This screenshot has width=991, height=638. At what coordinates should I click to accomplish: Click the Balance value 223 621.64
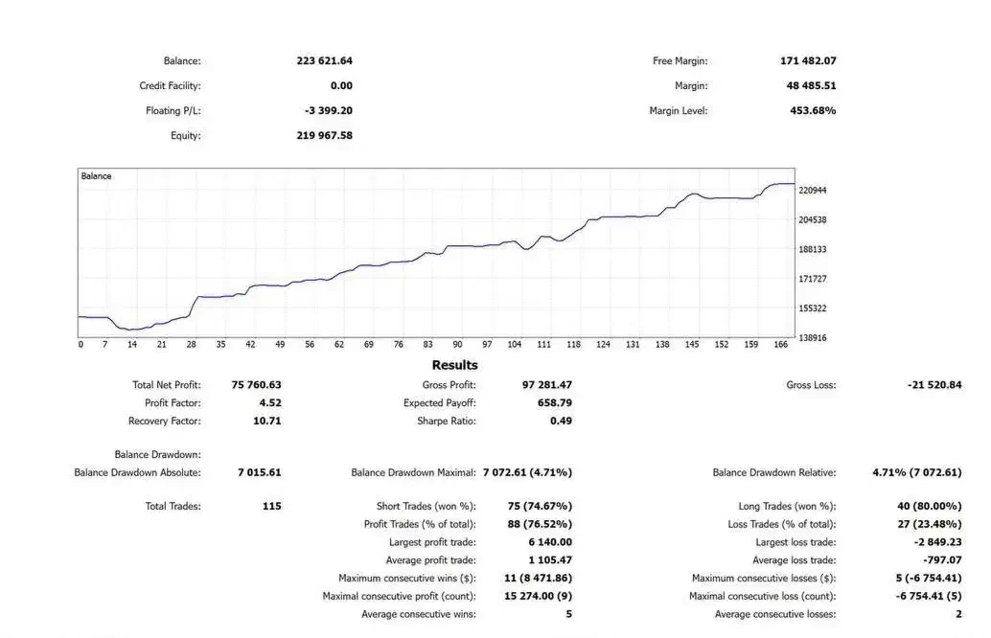coord(325,61)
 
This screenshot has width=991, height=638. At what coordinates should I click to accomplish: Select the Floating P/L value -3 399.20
coord(329,111)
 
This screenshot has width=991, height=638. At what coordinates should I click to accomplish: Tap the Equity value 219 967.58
coord(325,136)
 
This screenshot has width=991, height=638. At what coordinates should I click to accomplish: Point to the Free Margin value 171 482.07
coord(808,61)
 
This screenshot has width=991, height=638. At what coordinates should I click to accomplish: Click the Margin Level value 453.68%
coord(813,111)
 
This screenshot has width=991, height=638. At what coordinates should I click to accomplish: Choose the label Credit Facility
coord(170,86)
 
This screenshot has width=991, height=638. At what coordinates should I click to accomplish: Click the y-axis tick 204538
coord(813,220)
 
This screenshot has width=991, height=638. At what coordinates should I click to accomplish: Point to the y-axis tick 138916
coord(813,338)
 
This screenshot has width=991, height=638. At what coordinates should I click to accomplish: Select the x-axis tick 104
coord(515,345)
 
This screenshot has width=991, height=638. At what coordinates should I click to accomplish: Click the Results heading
coord(454,365)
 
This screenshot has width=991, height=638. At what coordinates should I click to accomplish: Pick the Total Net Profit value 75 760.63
coord(257,385)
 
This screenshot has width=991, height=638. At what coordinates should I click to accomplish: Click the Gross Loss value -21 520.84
coord(933,385)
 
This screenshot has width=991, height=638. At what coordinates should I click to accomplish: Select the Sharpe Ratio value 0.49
coord(562,422)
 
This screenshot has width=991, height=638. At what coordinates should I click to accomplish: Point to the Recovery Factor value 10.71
coord(265,422)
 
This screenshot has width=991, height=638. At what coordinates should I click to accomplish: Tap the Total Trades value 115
coord(271,506)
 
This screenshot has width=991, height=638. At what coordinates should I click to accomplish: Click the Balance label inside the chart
coord(96,176)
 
